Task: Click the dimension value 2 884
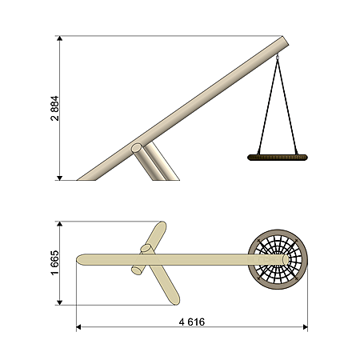pyautogui.click(x=54, y=108)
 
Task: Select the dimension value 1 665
pyautogui.click(x=54, y=262)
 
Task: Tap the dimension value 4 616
pyautogui.click(x=192, y=322)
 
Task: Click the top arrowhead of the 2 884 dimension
pyautogui.click(x=60, y=38)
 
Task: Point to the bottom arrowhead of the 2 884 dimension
pyautogui.click(x=60, y=178)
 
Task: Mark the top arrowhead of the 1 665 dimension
pyautogui.click(x=60, y=223)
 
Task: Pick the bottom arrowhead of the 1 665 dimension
pyautogui.click(x=60, y=302)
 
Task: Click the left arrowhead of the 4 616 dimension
pyautogui.click(x=78, y=327)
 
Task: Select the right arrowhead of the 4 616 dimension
pyautogui.click(x=306, y=327)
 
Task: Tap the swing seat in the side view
pyautogui.click(x=278, y=158)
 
